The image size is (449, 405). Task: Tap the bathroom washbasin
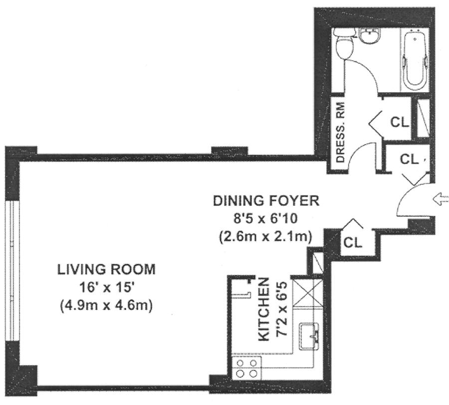pyautogui.click(x=370, y=36)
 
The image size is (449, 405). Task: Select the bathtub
pyautogui.click(x=415, y=57)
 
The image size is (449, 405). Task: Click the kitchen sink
pyautogui.click(x=309, y=336)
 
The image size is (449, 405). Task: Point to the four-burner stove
pyautogui.click(x=246, y=369)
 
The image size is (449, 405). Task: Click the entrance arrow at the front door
pyautogui.click(x=442, y=199)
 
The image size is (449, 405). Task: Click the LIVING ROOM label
pyautogui.click(x=107, y=269)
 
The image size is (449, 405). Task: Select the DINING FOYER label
pyautogui.click(x=266, y=201)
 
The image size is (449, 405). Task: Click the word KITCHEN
pyautogui.click(x=264, y=309)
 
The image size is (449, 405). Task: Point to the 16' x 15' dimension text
pyautogui.click(x=107, y=287)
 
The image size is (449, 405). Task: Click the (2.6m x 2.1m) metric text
pyautogui.click(x=265, y=237)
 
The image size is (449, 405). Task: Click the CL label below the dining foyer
pyautogui.click(x=353, y=243)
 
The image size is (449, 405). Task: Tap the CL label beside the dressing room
pyautogui.click(x=400, y=122)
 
